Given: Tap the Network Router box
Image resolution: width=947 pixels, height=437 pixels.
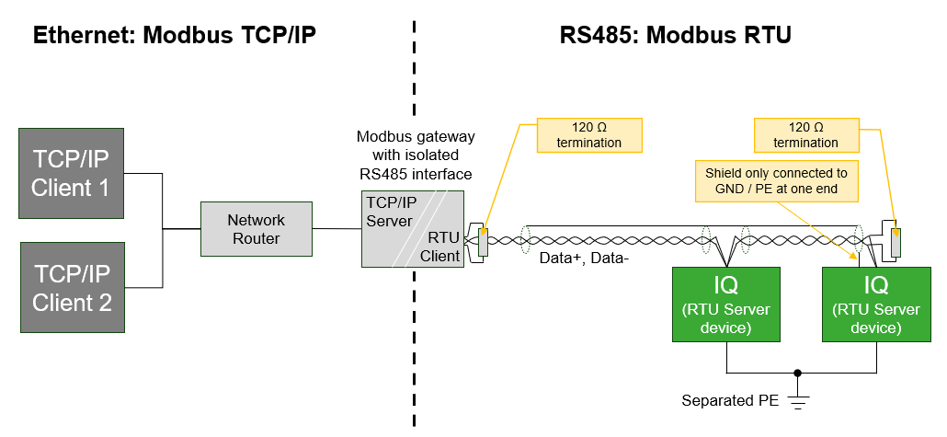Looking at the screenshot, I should coord(257,229).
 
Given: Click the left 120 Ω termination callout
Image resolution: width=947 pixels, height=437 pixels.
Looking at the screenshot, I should coord(588,134).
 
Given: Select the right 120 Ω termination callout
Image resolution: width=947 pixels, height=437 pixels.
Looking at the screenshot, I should coord(805,134).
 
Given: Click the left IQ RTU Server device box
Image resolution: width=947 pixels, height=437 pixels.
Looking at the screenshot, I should coord(726,304).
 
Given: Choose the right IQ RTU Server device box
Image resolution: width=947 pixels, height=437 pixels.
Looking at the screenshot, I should coord(875,304).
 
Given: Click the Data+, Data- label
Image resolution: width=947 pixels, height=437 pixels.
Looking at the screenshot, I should coord(584,259).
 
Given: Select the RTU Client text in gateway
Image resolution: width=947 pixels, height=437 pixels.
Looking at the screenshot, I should coord(440,247).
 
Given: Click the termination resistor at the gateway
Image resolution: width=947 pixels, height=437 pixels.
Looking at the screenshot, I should coord(484,242).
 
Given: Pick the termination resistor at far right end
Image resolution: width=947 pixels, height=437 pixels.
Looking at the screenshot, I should coord(897,242).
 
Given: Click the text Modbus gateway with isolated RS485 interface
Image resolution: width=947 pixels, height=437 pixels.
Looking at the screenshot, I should coord(416,155).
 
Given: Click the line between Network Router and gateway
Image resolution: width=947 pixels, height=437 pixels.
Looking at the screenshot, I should coord(337,229).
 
